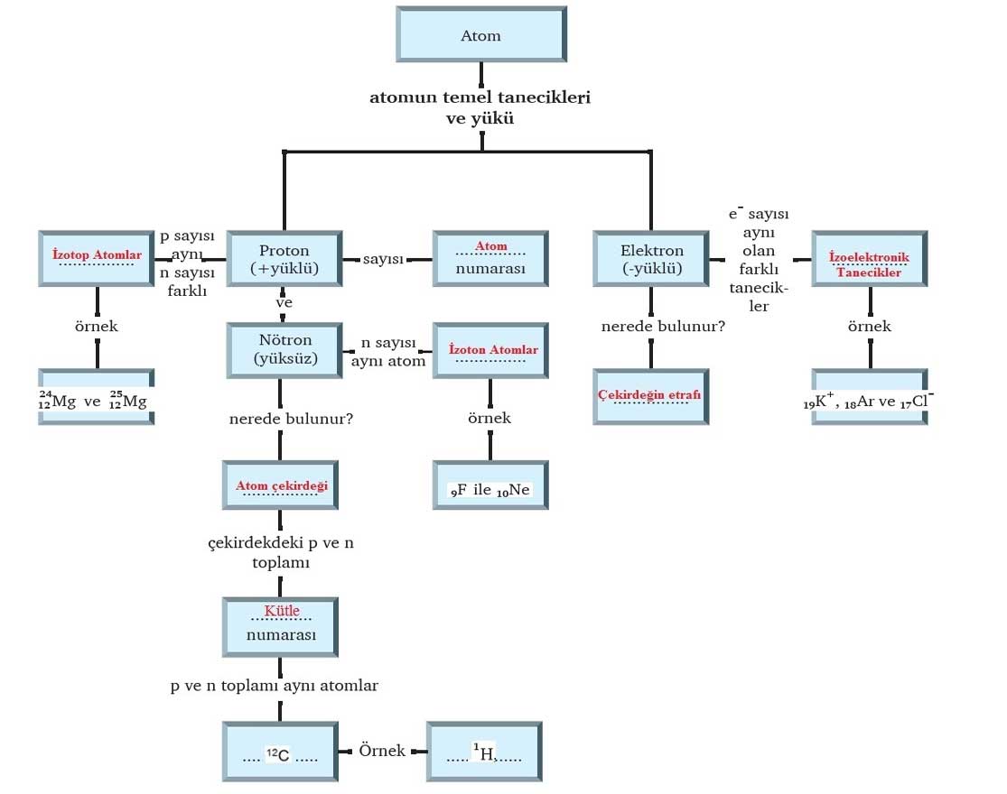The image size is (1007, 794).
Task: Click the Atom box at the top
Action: [x=480, y=36]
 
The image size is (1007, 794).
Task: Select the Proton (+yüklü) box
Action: [x=284, y=259]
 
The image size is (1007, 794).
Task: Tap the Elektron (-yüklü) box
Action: [x=651, y=259]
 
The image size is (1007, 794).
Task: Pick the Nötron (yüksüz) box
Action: [x=284, y=349]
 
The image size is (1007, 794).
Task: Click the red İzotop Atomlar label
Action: [x=97, y=256]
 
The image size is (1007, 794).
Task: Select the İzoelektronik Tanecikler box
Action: [x=869, y=260]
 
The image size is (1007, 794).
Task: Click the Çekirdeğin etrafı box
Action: [x=650, y=395]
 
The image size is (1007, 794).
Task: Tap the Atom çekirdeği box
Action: [x=281, y=486]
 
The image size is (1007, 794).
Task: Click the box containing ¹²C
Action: [x=281, y=751]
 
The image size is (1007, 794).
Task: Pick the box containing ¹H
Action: [x=484, y=751]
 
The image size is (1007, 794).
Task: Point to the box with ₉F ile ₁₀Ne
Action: [x=490, y=490]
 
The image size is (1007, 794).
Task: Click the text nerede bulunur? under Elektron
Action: [x=663, y=326]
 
